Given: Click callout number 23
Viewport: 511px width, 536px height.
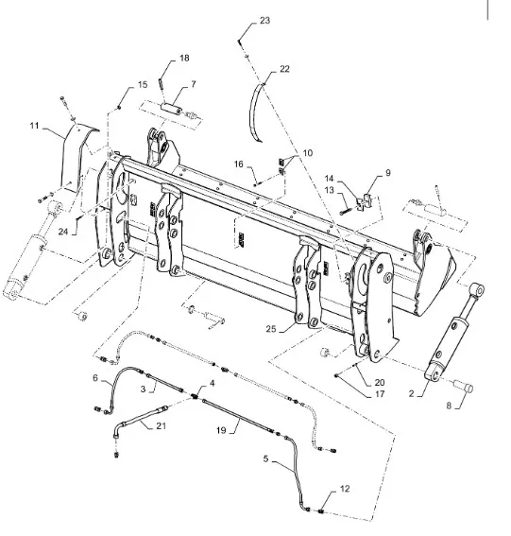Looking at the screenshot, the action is [x=264, y=21].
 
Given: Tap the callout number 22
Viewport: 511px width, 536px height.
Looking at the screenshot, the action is [x=284, y=69].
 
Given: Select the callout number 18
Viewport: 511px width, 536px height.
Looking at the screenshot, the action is [x=184, y=58].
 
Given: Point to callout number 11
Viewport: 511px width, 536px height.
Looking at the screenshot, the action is [x=34, y=126].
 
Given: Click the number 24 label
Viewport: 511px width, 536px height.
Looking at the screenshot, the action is [x=63, y=232].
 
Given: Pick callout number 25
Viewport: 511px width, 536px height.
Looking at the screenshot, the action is [x=271, y=329].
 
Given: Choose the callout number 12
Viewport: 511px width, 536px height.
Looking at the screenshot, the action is [x=345, y=489].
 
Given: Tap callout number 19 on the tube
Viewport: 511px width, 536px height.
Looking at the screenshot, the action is [x=221, y=430].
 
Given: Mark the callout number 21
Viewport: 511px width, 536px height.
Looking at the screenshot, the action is [x=162, y=425].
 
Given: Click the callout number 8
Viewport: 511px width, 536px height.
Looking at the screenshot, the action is [x=449, y=406].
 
